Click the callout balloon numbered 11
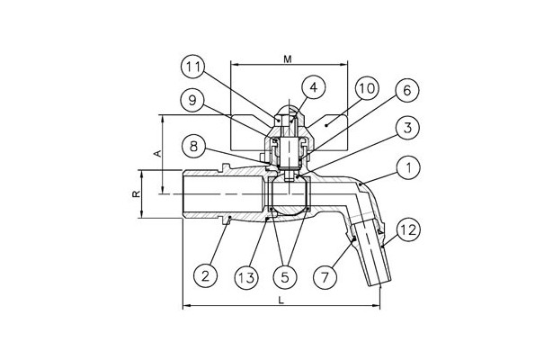(193, 67)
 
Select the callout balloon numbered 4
(314, 87)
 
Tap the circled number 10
(367, 88)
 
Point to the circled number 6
(407, 91)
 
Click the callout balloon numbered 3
(407, 128)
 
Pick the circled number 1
(408, 168)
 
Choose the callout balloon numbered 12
(408, 229)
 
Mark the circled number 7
(325, 277)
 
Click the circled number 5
(285, 277)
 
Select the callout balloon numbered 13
(246, 277)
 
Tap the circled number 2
(206, 276)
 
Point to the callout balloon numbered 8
(193, 147)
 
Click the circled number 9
(192, 101)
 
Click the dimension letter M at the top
(288, 59)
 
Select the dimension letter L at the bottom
(281, 301)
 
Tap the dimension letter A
(158, 153)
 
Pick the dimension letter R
(137, 193)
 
